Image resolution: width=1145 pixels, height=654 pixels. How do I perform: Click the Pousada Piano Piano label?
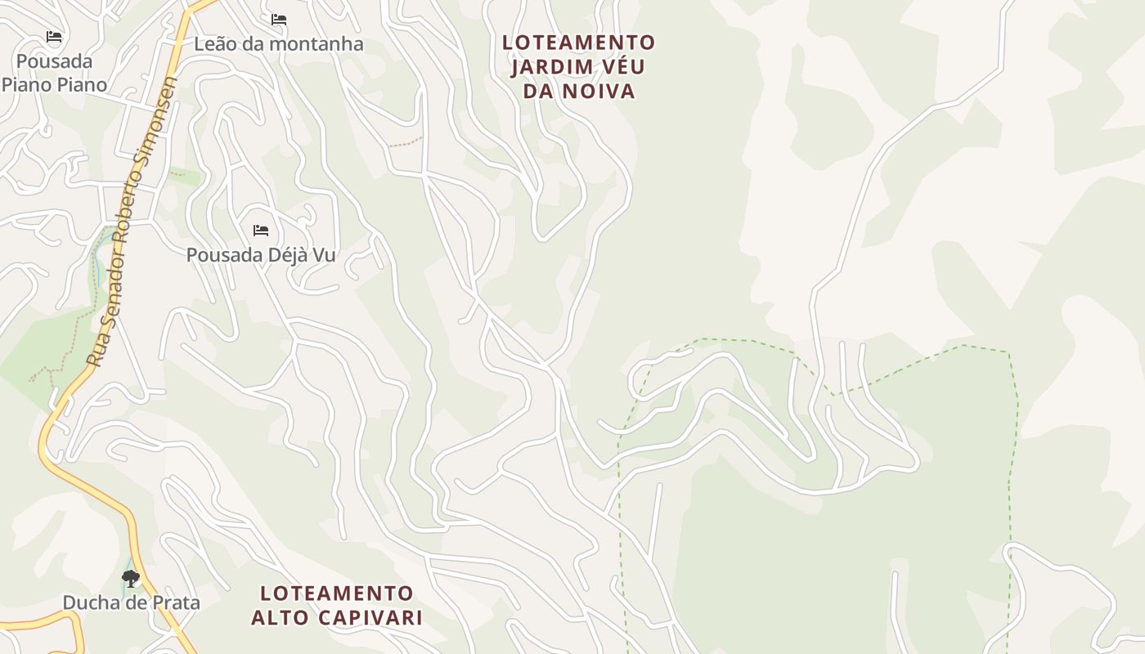point(54,73)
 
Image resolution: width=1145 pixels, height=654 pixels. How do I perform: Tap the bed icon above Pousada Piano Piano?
point(54,37)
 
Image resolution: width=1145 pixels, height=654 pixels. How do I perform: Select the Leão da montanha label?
point(278,44)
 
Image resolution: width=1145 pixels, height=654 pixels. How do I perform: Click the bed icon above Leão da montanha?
point(279,19)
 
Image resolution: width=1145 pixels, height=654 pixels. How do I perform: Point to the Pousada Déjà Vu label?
point(261,255)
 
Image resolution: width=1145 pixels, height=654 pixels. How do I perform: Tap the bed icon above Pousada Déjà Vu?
point(261,231)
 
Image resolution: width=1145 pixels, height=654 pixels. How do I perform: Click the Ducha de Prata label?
point(131,603)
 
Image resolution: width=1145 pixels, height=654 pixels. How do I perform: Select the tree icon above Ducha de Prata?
point(130,579)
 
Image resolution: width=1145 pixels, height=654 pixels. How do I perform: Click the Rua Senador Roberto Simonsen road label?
point(132,221)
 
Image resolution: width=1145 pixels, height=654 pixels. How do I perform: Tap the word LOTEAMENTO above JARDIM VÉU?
point(578,43)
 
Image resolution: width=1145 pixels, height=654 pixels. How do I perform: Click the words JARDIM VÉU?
point(578,66)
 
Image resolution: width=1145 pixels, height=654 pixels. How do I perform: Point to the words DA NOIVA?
point(578,91)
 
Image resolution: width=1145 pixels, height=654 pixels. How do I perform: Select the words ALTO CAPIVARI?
point(337,617)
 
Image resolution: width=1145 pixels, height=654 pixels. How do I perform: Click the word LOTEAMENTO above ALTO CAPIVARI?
point(337,593)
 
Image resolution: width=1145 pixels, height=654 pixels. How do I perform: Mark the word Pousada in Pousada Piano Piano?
point(54,61)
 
